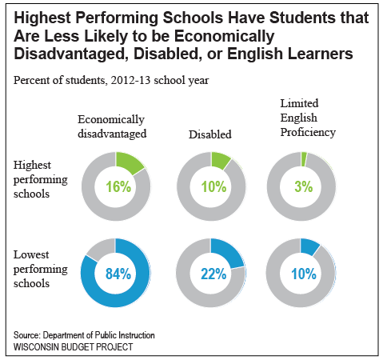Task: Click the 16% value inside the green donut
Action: (x=118, y=186)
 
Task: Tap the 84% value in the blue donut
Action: (x=118, y=274)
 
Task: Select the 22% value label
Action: (x=213, y=274)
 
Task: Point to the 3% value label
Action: (x=304, y=186)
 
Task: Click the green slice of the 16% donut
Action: (x=130, y=162)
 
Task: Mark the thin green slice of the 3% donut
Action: (x=304, y=159)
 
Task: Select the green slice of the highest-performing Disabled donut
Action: (x=220, y=160)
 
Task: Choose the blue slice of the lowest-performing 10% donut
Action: (x=309, y=246)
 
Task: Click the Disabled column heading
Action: (x=210, y=134)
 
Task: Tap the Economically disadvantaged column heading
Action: (x=112, y=126)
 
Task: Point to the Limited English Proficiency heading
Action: (x=308, y=118)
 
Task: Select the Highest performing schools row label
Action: (x=41, y=179)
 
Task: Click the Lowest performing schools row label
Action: (x=41, y=269)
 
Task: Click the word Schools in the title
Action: (x=193, y=18)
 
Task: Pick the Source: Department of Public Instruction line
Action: (x=84, y=335)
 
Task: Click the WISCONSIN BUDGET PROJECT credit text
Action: (x=74, y=347)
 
